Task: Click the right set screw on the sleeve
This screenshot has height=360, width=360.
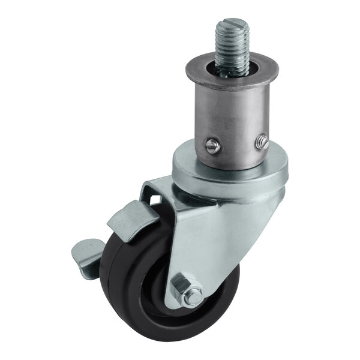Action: coord(262,141)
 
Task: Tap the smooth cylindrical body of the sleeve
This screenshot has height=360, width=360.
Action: coord(234,114)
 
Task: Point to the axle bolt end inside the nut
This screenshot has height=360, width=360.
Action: coord(194,296)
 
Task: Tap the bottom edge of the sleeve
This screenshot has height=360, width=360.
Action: coord(234,167)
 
